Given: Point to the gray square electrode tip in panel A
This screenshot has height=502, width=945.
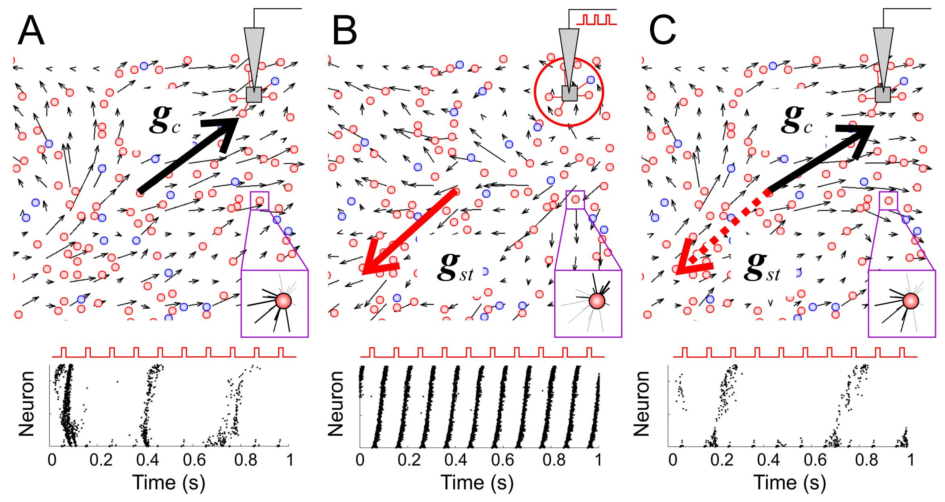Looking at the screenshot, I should click(254, 95).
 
